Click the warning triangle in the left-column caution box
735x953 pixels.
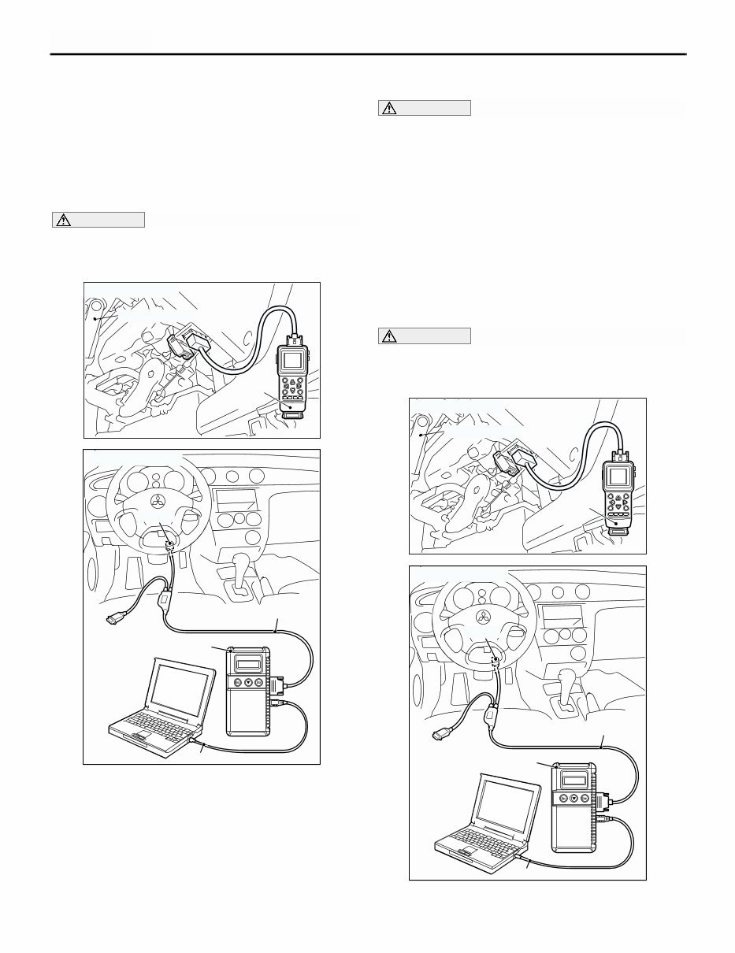pyautogui.click(x=61, y=221)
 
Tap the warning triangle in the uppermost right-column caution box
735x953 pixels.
pyautogui.click(x=388, y=109)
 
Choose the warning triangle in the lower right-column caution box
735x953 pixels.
pyautogui.click(x=388, y=336)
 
